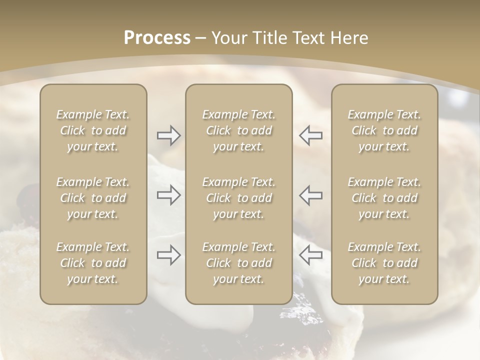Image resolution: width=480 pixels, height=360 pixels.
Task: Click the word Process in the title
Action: point(157,38)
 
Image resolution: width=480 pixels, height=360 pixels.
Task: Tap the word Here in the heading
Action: point(347,38)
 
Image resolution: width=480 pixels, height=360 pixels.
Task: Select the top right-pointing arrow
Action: point(168,135)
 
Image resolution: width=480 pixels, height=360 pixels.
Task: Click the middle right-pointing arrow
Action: point(168,195)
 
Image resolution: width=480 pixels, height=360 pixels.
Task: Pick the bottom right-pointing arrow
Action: point(168,255)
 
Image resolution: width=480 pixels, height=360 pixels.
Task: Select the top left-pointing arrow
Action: point(311,135)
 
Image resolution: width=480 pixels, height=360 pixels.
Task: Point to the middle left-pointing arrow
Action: point(311,195)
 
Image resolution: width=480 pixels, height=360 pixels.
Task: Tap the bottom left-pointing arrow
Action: point(311,255)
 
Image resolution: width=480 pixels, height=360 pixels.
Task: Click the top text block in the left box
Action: point(93,130)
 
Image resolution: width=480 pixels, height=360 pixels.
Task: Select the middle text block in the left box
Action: point(93,198)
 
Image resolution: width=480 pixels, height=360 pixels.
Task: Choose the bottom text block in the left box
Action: point(93,263)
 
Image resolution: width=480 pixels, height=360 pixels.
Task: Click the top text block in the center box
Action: point(239,130)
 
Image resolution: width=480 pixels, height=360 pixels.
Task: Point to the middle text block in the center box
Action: point(239,198)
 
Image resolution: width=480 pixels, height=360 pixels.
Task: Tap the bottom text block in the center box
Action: point(239,263)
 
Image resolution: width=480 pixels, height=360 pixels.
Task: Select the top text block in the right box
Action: point(384,130)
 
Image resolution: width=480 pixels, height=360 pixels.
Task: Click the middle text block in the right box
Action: point(384,198)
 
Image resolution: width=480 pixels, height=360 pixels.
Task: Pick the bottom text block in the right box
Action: point(384,263)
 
